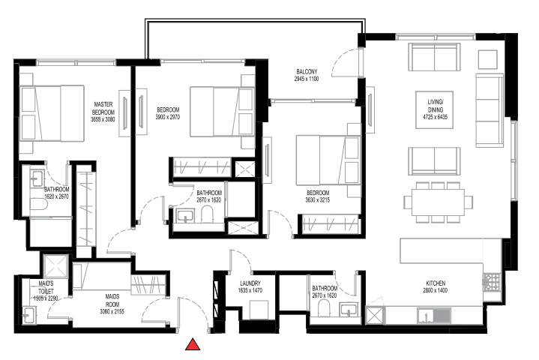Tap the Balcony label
307,72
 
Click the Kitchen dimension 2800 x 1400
436,289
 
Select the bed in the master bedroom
51,112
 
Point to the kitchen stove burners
493,282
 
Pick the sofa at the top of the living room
434,58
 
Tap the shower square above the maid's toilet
55,265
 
